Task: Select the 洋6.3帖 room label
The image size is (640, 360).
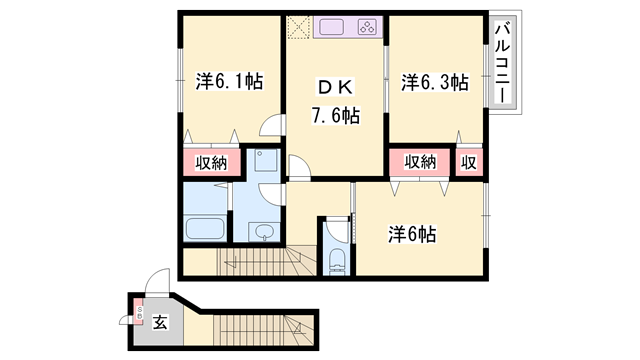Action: (x=435, y=82)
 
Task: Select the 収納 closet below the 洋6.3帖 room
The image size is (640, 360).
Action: (x=421, y=162)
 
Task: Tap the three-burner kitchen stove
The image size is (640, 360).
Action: (x=366, y=28)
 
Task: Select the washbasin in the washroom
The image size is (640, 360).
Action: (x=263, y=232)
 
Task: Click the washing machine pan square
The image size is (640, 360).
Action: (x=265, y=162)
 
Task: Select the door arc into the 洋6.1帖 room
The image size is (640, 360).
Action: (x=270, y=128)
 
